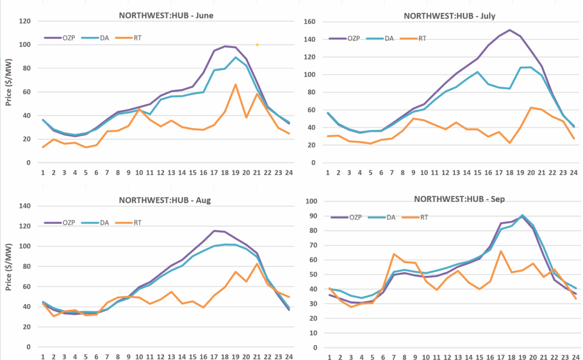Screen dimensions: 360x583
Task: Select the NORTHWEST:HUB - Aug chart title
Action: pyautogui.click(x=166, y=200)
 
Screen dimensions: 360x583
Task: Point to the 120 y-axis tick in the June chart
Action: pyautogui.click(x=26, y=21)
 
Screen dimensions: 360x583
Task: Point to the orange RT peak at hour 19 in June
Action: pyautogui.click(x=235, y=84)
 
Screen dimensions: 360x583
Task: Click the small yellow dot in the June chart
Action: pyautogui.click(x=257, y=44)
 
